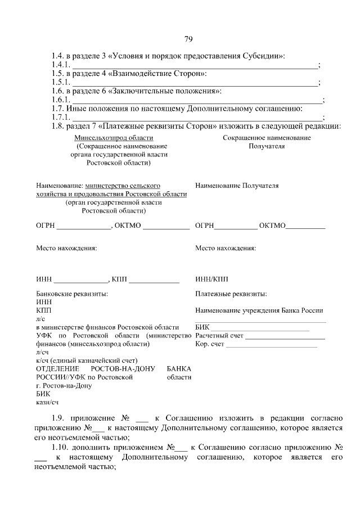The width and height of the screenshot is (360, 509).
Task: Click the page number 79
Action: pos(188,39)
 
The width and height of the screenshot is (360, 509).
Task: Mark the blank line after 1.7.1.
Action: pos(196,118)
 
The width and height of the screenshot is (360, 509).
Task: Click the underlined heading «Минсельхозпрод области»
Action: pos(114,138)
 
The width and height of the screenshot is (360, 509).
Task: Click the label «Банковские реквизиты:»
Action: pos(72,294)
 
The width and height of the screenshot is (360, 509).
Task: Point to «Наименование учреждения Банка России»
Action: pos(259,310)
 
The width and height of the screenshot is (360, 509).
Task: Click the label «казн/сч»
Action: pos(47,402)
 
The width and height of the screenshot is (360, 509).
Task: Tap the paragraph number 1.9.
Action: pos(59,419)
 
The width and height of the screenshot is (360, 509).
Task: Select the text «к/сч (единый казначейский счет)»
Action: pos(87,360)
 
